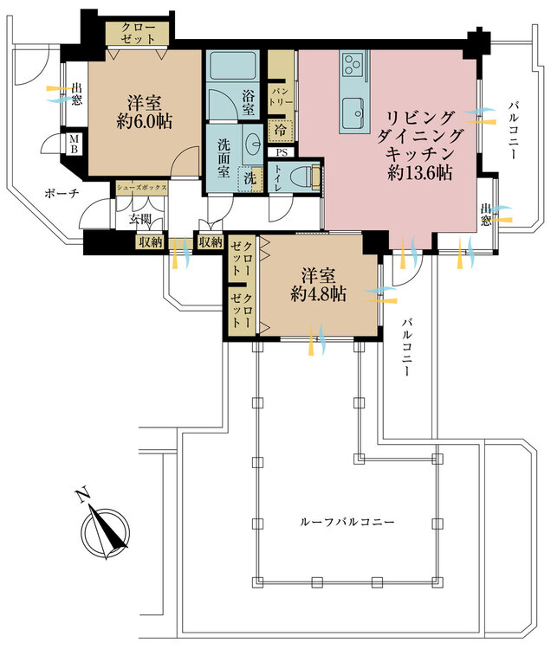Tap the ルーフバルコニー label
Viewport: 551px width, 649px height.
coord(347,522)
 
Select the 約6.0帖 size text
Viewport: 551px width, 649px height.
coord(145,122)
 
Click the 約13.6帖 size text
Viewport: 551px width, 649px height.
coord(419,172)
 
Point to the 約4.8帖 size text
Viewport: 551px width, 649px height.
coord(319,294)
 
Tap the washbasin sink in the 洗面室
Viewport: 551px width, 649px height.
coord(252,144)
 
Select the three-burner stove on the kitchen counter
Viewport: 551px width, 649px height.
coord(353,65)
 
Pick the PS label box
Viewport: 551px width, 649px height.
coord(282,152)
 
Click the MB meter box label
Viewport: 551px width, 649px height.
coord(74,144)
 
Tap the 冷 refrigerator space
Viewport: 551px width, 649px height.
coord(281,130)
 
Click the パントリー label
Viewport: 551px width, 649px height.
coord(282,96)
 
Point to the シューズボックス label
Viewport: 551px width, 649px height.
coord(142,187)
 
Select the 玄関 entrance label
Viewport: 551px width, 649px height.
coord(140,219)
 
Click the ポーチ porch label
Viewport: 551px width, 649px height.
coord(62,193)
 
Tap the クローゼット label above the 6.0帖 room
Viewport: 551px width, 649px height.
coord(139,33)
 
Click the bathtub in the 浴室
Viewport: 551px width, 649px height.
coord(233,67)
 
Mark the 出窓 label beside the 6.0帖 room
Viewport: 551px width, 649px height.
coord(76,94)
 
